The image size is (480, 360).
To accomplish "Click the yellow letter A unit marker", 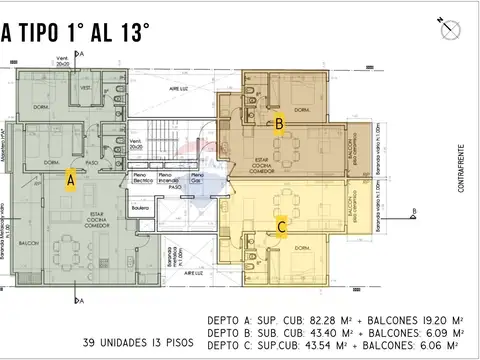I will coord(70,180).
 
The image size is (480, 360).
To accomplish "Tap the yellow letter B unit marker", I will coord(281,124).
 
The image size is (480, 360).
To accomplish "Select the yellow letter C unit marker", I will coord(283,227).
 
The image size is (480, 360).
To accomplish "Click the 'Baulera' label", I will coord(141,207).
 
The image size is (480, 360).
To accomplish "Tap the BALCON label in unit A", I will coord(27,243).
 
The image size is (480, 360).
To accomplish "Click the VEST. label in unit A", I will coord(86,88).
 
